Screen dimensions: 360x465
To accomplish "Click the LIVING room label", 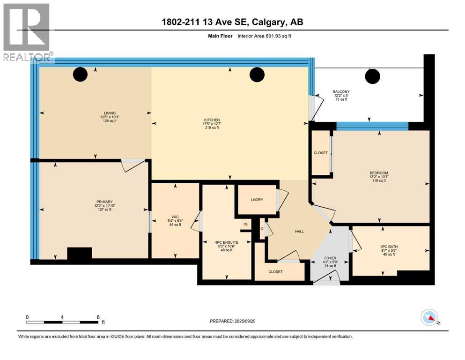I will click(x=110, y=112).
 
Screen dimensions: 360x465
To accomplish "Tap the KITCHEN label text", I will click(x=212, y=120).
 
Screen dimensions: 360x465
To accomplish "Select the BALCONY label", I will click(x=341, y=91).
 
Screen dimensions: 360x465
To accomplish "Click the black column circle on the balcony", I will click(x=373, y=75).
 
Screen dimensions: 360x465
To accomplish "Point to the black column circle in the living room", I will click(x=81, y=74).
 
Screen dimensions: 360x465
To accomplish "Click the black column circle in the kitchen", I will click(x=257, y=74).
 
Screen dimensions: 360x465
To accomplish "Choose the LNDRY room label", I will click(x=257, y=200).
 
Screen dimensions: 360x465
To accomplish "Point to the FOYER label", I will click(x=331, y=258).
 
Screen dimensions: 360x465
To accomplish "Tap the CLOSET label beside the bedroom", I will click(x=321, y=153).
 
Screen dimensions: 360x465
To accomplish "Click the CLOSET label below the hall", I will click(x=275, y=271).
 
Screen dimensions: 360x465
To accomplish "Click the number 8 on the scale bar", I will click(x=97, y=317).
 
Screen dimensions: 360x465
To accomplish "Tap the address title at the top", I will click(x=232, y=22).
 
